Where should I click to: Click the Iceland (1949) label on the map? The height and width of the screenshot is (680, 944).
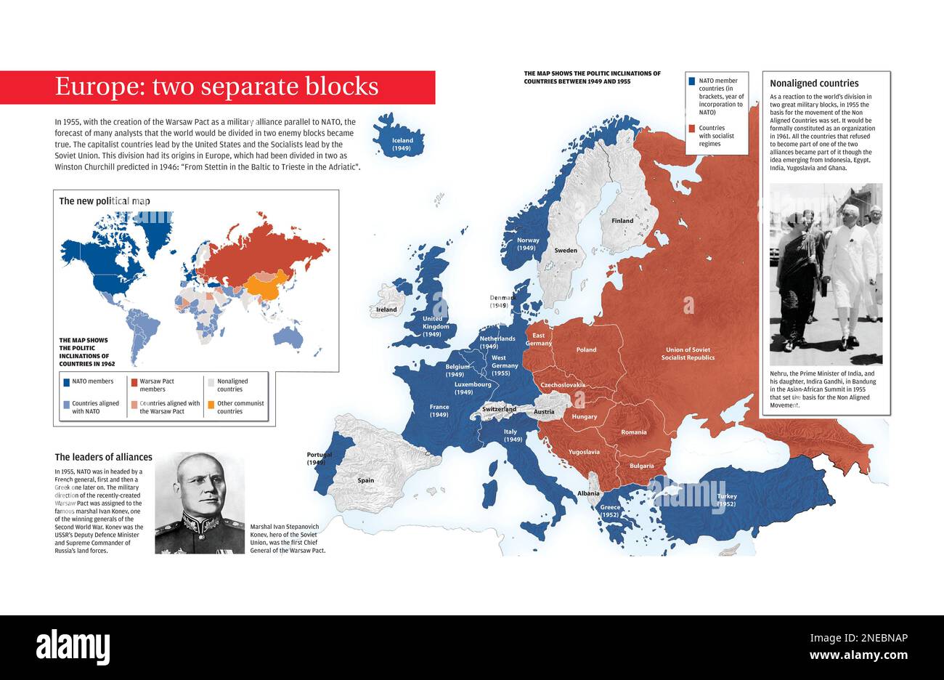point(402,144)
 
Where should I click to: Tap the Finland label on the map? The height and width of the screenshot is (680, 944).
point(622,221)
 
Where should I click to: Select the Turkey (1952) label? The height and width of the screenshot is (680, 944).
point(726,500)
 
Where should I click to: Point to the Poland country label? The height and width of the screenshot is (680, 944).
point(586,349)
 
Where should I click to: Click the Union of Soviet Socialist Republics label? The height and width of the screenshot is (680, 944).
point(688,353)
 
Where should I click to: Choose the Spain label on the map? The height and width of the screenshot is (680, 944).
point(366,480)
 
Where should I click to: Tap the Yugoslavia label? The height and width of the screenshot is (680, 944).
point(584,452)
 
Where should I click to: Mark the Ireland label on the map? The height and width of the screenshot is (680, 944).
point(386,309)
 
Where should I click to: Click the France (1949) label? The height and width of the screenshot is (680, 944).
point(439,410)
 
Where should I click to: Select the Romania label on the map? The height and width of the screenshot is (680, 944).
point(633,432)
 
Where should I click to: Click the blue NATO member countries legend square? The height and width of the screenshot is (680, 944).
point(692,81)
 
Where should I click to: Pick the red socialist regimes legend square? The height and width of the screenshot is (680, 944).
point(692,129)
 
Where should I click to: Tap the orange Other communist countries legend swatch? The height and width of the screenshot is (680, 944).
point(211,404)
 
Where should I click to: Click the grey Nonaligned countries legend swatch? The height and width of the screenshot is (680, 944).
point(211,381)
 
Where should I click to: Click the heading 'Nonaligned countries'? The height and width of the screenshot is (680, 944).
point(814,84)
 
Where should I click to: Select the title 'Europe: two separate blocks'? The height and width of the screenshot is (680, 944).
point(216,86)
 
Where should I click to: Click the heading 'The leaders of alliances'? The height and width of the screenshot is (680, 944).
point(104,457)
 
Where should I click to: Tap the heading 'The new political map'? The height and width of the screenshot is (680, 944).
point(105,201)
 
